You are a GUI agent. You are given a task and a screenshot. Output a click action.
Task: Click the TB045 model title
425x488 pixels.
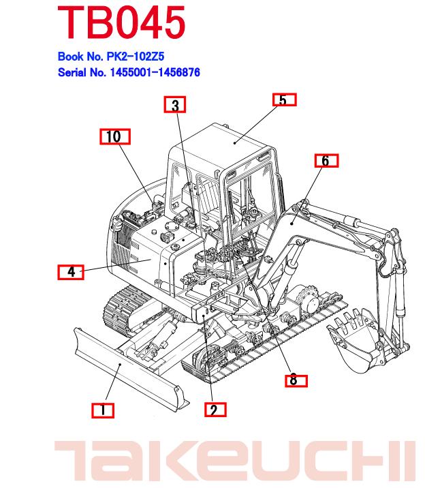[121, 22]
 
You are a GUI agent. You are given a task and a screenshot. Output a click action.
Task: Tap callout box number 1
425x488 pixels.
[103, 410]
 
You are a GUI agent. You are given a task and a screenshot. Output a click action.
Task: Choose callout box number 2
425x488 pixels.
[214, 410]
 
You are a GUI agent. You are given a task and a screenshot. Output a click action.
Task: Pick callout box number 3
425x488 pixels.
[175, 105]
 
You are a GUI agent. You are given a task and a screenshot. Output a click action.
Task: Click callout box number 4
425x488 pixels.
[71, 272]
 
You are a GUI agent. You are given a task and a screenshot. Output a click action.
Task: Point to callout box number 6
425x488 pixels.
[326, 161]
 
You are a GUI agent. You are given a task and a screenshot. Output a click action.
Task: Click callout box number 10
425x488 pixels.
[114, 137]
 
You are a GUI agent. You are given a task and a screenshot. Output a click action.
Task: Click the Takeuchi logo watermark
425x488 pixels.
[234, 460]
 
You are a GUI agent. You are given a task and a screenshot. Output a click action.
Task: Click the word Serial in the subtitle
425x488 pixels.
[73, 72]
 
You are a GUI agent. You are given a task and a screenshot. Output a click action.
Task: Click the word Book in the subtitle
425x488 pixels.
[70, 57]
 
